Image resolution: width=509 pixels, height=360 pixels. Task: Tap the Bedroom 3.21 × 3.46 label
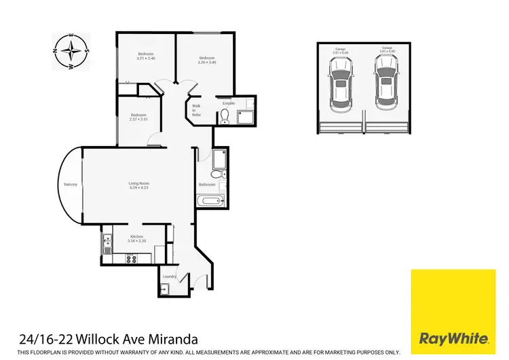click(x=146, y=56)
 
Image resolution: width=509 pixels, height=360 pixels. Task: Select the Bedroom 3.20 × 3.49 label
click(x=207, y=60)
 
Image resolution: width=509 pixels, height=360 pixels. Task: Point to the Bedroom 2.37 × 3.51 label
click(x=139, y=117)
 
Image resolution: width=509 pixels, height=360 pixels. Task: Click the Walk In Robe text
click(x=197, y=110)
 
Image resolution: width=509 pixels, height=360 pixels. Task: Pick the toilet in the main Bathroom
click(x=215, y=174)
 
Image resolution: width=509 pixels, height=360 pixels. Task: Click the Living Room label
click(x=139, y=185)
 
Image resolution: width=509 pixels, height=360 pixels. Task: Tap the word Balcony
click(x=71, y=185)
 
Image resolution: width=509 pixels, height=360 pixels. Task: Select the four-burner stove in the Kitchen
click(x=130, y=258)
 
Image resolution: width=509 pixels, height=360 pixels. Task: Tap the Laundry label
click(x=170, y=276)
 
